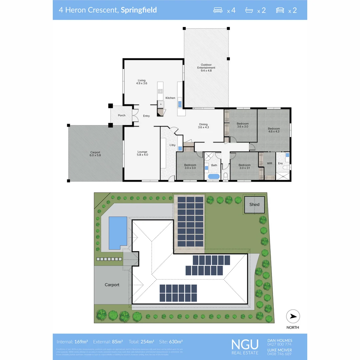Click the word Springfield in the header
coord(139,10)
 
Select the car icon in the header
coord(280,10)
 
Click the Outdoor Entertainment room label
coord(206,68)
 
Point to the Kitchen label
coord(170,98)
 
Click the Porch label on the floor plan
coord(122,115)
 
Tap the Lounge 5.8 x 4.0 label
coord(142,153)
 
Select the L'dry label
coord(172,145)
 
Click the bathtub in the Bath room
coord(214,176)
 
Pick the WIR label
coord(270,163)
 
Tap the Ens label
coord(280,163)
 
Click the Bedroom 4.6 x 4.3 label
coord(274,130)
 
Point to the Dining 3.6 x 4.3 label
coord(203,126)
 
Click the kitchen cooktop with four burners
coord(160,91)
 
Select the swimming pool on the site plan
coord(118,233)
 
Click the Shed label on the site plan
coord(254,204)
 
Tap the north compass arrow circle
coord(293,317)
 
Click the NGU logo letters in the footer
coord(245,344)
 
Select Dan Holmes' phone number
coord(279,344)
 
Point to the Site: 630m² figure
coord(171,342)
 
